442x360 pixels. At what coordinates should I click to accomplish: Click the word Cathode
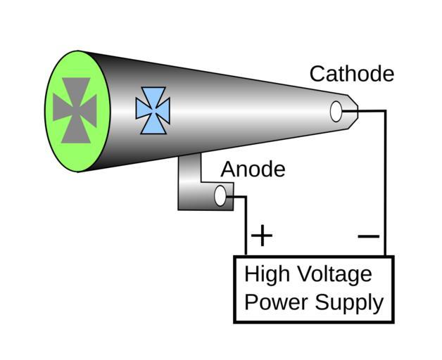(x=351, y=74)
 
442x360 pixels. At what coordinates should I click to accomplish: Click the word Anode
(x=253, y=169)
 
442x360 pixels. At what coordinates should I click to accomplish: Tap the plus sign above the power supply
(x=261, y=235)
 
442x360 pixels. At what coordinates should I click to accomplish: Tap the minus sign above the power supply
(x=368, y=236)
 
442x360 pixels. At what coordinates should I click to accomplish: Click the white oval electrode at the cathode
(x=336, y=111)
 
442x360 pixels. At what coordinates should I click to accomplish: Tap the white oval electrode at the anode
(x=220, y=197)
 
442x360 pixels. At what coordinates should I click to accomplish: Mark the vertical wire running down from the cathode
(x=385, y=183)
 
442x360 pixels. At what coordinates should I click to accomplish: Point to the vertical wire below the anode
(x=246, y=225)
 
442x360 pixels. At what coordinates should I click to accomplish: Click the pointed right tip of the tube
(x=356, y=110)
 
